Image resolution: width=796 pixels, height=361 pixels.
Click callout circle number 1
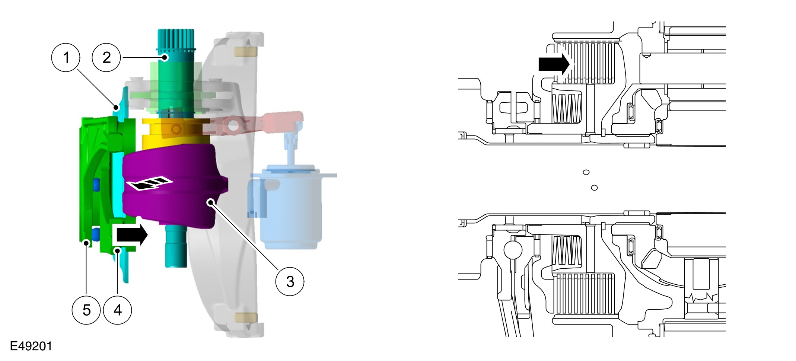[66, 58]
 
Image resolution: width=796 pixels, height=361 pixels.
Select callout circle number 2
[106, 58]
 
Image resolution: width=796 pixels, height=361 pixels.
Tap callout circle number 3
[290, 281]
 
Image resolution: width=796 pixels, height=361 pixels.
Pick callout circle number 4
[118, 310]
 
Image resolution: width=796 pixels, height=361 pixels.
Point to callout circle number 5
[86, 310]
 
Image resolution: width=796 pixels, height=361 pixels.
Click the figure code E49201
[31, 346]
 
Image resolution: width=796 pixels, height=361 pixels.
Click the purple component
[175, 201]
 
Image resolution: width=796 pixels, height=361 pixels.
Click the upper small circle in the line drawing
[586, 172]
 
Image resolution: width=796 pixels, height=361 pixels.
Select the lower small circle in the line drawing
[594, 188]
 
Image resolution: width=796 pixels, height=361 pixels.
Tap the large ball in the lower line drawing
[513, 250]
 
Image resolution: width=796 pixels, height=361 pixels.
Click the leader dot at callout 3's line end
[211, 202]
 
